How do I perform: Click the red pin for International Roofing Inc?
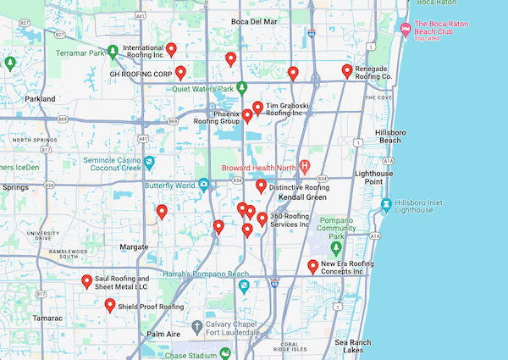coord(171,49)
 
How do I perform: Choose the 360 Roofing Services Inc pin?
coord(262,219)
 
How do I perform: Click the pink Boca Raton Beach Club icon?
coord(406,30)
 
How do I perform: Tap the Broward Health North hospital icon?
coord(305,167)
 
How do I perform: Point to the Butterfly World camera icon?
coord(204,185)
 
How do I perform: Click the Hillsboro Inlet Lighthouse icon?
coord(386,204)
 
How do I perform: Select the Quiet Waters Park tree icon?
coord(241,87)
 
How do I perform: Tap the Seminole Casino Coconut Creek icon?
coord(149,161)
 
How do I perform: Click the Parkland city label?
coord(40,99)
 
